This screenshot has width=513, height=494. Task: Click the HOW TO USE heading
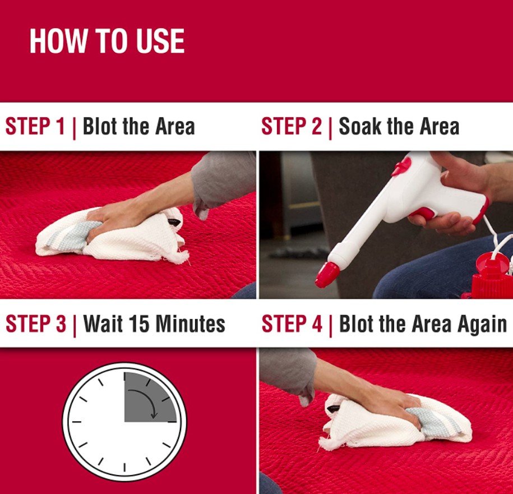pos(107,41)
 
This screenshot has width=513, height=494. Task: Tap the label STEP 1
pos(35,126)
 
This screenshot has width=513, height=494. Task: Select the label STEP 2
pos(292,126)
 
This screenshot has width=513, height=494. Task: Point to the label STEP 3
pos(36,324)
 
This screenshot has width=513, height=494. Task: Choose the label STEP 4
pos(292,324)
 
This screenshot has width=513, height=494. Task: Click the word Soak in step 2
pos(360,126)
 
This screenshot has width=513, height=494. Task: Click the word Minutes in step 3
pos(191,324)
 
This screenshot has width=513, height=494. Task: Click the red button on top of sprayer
pos(402,166)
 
